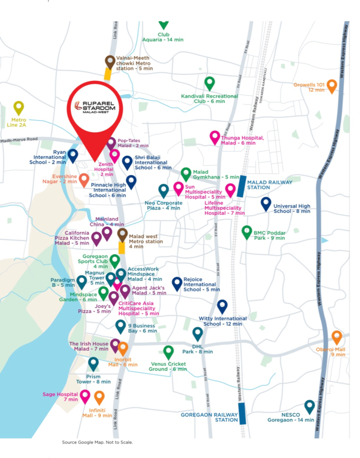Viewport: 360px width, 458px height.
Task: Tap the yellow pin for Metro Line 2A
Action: [x=18, y=108]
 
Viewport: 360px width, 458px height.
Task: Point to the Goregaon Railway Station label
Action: [x=209, y=417]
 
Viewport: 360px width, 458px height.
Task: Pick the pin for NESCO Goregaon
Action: [x=310, y=406]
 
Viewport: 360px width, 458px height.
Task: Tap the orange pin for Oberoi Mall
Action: [x=337, y=337]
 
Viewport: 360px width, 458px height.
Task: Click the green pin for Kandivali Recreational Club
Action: [x=209, y=83]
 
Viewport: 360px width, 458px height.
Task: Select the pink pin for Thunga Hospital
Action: [x=215, y=137]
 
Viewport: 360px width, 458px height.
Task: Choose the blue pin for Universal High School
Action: [x=266, y=203]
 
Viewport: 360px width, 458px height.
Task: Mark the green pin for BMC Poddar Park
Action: [x=247, y=232]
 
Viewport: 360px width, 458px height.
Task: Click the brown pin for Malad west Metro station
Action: [x=122, y=235]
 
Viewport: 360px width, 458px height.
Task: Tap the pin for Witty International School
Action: [x=222, y=306]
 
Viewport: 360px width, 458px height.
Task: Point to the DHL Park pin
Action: [x=197, y=333]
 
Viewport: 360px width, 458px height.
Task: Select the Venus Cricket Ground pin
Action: [x=168, y=352]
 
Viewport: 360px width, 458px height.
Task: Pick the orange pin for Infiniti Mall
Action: [x=99, y=398]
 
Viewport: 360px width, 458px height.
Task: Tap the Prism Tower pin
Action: [x=93, y=364]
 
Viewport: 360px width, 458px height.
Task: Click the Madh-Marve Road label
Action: [x=19, y=140]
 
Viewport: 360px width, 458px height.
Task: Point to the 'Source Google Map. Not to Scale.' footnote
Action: [x=97, y=442]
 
